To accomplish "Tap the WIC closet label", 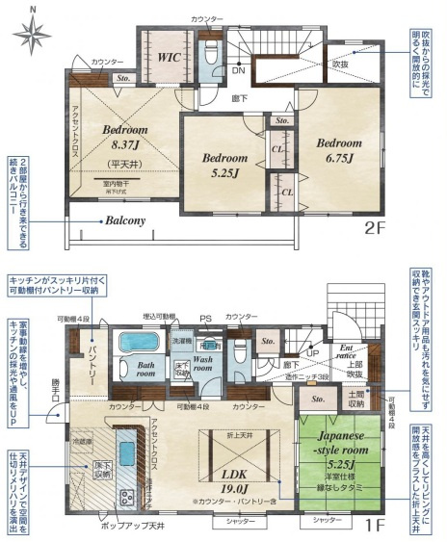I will pyautogui.click(x=172, y=57).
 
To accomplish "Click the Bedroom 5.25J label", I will pyautogui.click(x=224, y=166).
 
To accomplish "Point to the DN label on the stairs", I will pyautogui.click(x=239, y=71).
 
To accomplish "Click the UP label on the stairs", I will pyautogui.click(x=311, y=352).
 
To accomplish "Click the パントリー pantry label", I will pyautogui.click(x=87, y=357).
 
